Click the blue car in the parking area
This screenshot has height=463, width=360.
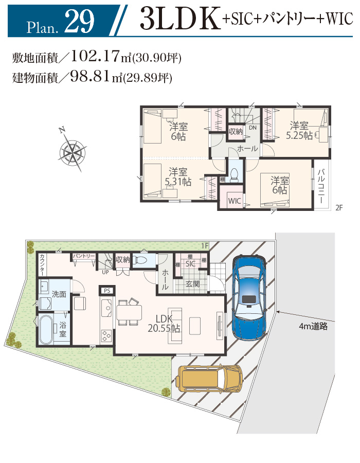click(249, 298)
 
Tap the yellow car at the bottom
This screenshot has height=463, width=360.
click(209, 378)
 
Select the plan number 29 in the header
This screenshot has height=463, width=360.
click(79, 21)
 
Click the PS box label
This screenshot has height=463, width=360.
click(107, 291)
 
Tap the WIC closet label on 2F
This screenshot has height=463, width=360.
click(235, 201)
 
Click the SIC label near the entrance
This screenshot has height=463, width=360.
click(190, 264)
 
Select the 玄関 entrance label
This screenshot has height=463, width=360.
click(192, 284)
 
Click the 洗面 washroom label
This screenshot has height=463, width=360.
click(59, 294)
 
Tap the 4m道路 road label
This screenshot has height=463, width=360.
click(313, 326)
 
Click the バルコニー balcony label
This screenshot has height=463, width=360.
click(321, 186)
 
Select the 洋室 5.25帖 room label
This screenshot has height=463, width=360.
click(299, 130)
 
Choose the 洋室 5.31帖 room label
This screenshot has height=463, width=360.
click(178, 176)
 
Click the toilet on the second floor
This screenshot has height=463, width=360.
click(235, 175)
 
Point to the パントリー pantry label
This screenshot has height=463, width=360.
click(84, 256)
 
